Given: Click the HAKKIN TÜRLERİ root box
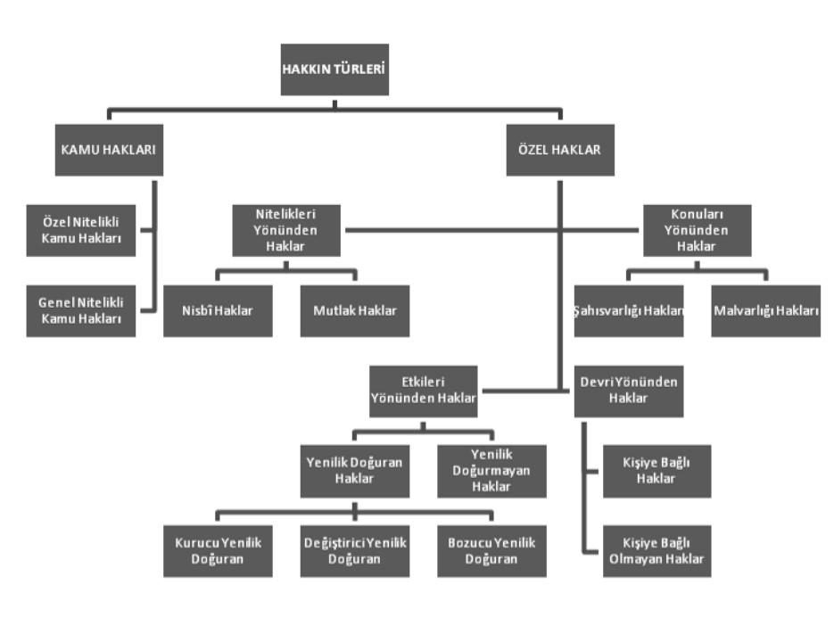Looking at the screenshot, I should [x=334, y=69].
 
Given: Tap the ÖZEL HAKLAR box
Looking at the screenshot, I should [x=559, y=150].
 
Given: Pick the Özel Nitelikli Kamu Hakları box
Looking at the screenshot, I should [x=81, y=230].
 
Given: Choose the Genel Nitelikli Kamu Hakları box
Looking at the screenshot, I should [x=81, y=310].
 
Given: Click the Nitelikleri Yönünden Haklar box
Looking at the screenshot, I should [x=285, y=230].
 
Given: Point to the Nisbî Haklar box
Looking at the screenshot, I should [x=218, y=310].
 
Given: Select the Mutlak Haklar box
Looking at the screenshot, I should [x=355, y=310].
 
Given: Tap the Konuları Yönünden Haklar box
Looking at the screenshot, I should [x=698, y=230].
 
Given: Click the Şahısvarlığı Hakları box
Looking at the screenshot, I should [x=629, y=310].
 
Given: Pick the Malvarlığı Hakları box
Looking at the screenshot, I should [x=766, y=310].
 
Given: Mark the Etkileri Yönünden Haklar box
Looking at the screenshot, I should [x=424, y=391].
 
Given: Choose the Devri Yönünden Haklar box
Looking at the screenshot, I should [x=629, y=391].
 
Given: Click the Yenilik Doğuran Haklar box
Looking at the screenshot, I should [x=355, y=471].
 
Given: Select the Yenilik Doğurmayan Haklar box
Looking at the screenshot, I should [x=491, y=471].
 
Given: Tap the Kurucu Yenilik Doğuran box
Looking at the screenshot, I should [x=218, y=551].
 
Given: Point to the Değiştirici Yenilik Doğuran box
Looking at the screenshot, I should [x=355, y=551].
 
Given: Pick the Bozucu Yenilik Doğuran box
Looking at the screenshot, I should [x=491, y=551].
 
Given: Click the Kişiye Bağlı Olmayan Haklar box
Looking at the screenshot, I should [x=657, y=551].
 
